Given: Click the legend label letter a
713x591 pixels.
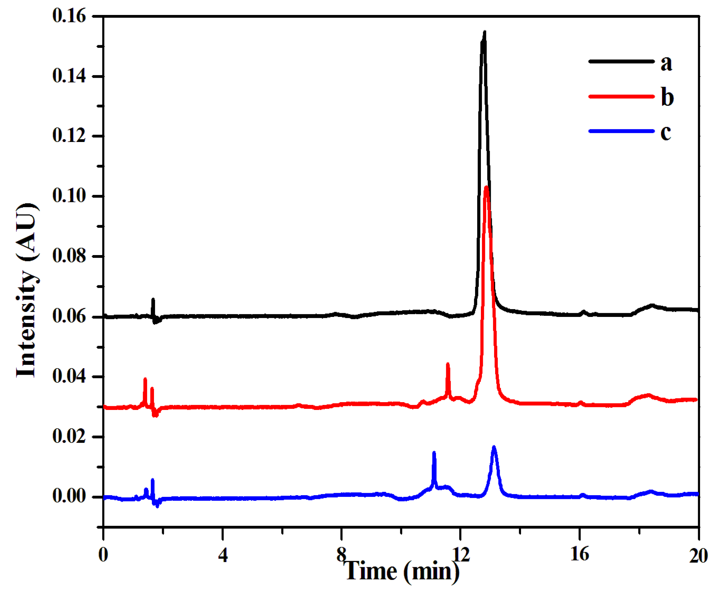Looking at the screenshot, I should (666, 63).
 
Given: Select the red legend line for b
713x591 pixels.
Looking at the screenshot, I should (621, 96).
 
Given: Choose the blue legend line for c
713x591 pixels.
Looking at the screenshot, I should (621, 131).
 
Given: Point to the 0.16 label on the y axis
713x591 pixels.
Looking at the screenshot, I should (69, 16).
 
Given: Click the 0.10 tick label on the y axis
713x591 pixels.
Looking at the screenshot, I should (69, 196).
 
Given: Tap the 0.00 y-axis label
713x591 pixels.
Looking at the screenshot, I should (69, 496).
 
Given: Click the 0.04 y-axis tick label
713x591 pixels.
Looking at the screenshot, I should (69, 376).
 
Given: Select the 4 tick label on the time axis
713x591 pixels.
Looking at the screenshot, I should (223, 556).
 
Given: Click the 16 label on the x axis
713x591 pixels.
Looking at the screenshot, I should (580, 555).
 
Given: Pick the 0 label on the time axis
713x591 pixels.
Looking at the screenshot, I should (103, 556).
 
